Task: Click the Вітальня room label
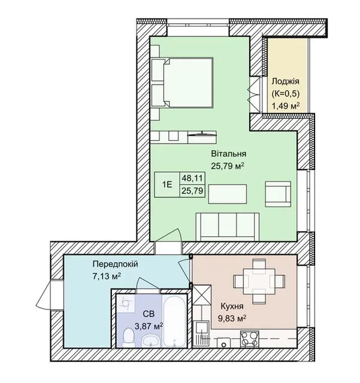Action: pos(229,154)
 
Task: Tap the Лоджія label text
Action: pos(285,81)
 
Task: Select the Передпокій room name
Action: pos(116,264)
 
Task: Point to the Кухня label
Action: pos(232,306)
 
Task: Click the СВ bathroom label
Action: pos(149,314)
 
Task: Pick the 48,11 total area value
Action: pos(192,178)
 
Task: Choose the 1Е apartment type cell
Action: pos(167,185)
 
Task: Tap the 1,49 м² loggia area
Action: pos(286,107)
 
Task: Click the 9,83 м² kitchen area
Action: pos(232,318)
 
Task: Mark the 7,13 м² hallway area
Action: pos(107,276)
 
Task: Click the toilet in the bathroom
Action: pos(129,338)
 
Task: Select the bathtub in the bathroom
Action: pos(175,321)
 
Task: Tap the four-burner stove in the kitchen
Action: pos(249,339)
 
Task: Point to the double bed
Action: pos(182,83)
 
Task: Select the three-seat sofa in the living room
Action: pos(228,227)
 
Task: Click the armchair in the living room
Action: pos(278,194)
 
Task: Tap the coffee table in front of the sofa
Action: pos(228,194)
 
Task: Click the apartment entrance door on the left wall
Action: pos(44,295)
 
